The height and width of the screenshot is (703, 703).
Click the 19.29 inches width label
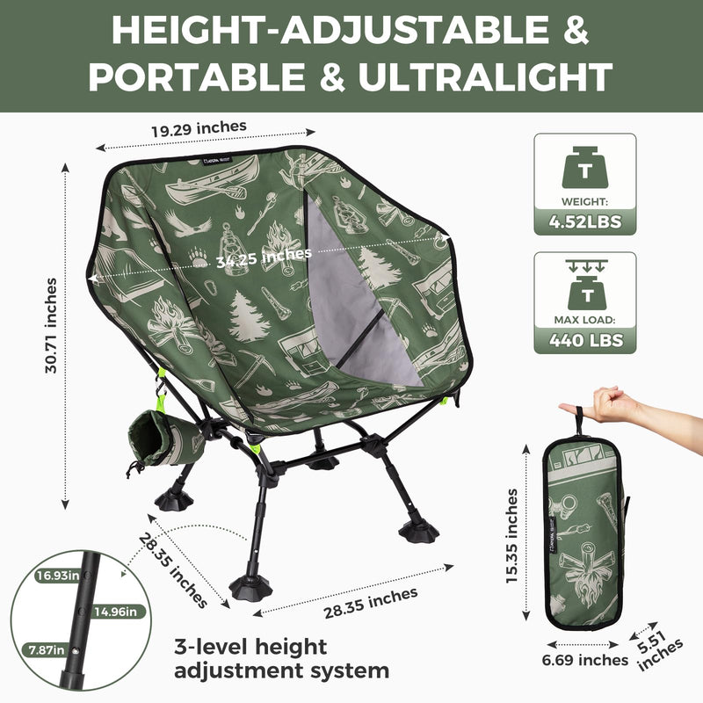point(198,129)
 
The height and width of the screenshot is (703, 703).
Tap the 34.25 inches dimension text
point(254,256)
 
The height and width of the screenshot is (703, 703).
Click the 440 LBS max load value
point(584,338)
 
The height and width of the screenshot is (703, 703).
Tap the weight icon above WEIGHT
point(584,164)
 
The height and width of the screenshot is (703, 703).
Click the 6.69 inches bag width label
point(584,659)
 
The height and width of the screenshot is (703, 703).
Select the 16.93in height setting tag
point(57,576)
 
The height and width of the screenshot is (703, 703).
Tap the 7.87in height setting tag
point(45,650)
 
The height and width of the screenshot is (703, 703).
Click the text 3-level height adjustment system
point(281,659)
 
